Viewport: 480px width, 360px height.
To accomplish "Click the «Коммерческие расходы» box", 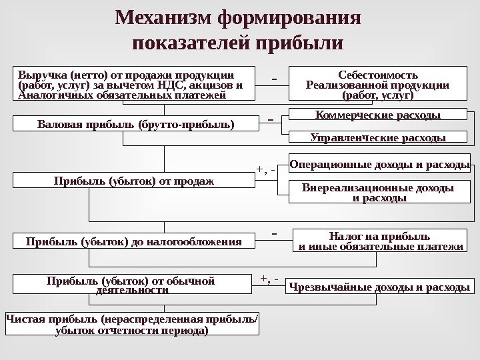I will click(x=377, y=115).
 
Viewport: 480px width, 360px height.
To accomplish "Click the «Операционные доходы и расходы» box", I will click(x=379, y=162).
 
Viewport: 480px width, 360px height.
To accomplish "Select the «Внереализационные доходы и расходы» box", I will click(x=379, y=192).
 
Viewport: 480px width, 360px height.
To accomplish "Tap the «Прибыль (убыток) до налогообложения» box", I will click(x=133, y=240).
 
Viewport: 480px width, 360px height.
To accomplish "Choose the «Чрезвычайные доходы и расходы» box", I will click(x=379, y=287).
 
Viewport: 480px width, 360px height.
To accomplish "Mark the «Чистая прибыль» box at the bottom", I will click(x=132, y=325).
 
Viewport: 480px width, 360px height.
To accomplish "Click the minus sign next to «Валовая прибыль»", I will click(x=271, y=121).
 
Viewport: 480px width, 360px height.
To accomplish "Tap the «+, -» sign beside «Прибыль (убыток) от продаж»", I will click(x=266, y=170).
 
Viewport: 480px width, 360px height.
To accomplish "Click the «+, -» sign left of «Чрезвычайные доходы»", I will click(x=269, y=277).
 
